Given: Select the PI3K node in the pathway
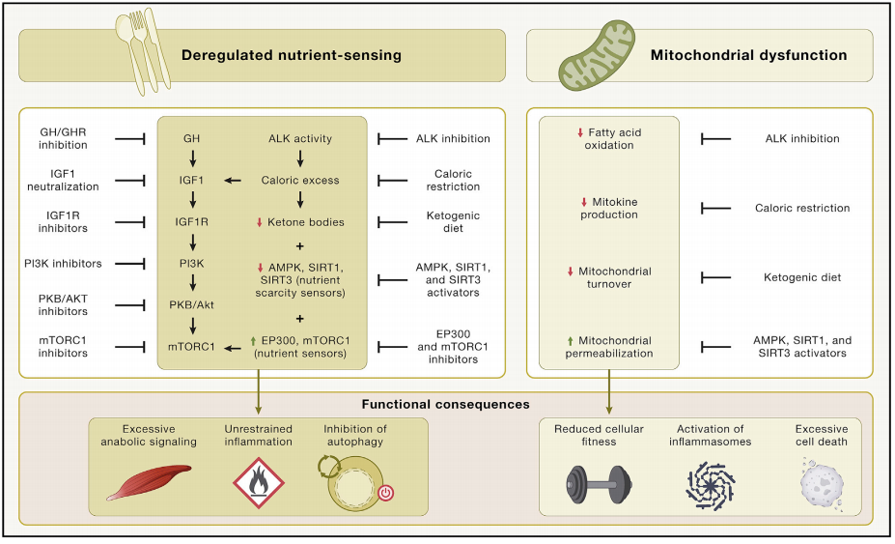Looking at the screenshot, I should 191,264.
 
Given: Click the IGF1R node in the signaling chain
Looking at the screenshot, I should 191,222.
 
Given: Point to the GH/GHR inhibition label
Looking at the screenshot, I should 64,138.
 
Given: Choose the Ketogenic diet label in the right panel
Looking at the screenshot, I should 802,277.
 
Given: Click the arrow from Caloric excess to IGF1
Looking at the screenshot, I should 234,180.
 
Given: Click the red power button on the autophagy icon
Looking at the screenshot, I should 385,492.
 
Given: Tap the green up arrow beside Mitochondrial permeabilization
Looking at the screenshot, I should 571,340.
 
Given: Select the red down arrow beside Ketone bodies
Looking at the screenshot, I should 260,222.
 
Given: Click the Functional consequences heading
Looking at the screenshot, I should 447,404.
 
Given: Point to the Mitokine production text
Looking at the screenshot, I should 609,208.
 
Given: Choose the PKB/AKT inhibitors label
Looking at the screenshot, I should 64,304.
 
